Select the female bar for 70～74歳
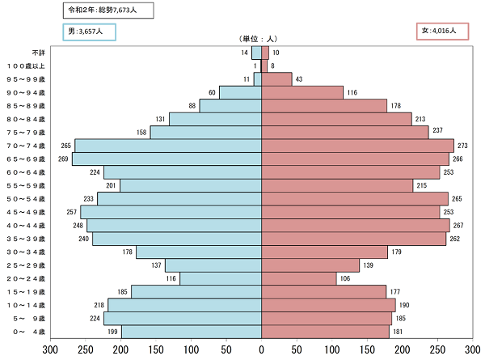(x=357, y=146)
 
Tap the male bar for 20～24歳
(x=221, y=278)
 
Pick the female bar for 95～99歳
(x=276, y=79)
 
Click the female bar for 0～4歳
(x=326, y=331)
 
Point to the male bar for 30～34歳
(x=199, y=252)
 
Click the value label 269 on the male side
(x=63, y=159)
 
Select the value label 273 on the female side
(x=463, y=146)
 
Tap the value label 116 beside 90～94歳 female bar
(x=352, y=93)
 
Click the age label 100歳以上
(x=30, y=66)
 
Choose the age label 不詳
(x=38, y=53)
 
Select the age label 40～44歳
(x=30, y=225)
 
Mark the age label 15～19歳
(x=30, y=291)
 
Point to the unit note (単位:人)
(x=258, y=39)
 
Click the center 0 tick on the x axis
(x=261, y=349)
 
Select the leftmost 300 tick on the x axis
(x=50, y=349)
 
